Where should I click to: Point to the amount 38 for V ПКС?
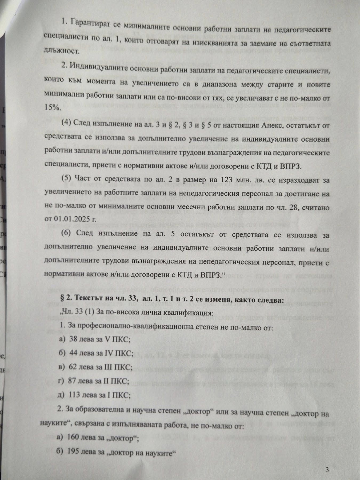[73, 339]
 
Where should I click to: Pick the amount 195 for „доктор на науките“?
[74, 452]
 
